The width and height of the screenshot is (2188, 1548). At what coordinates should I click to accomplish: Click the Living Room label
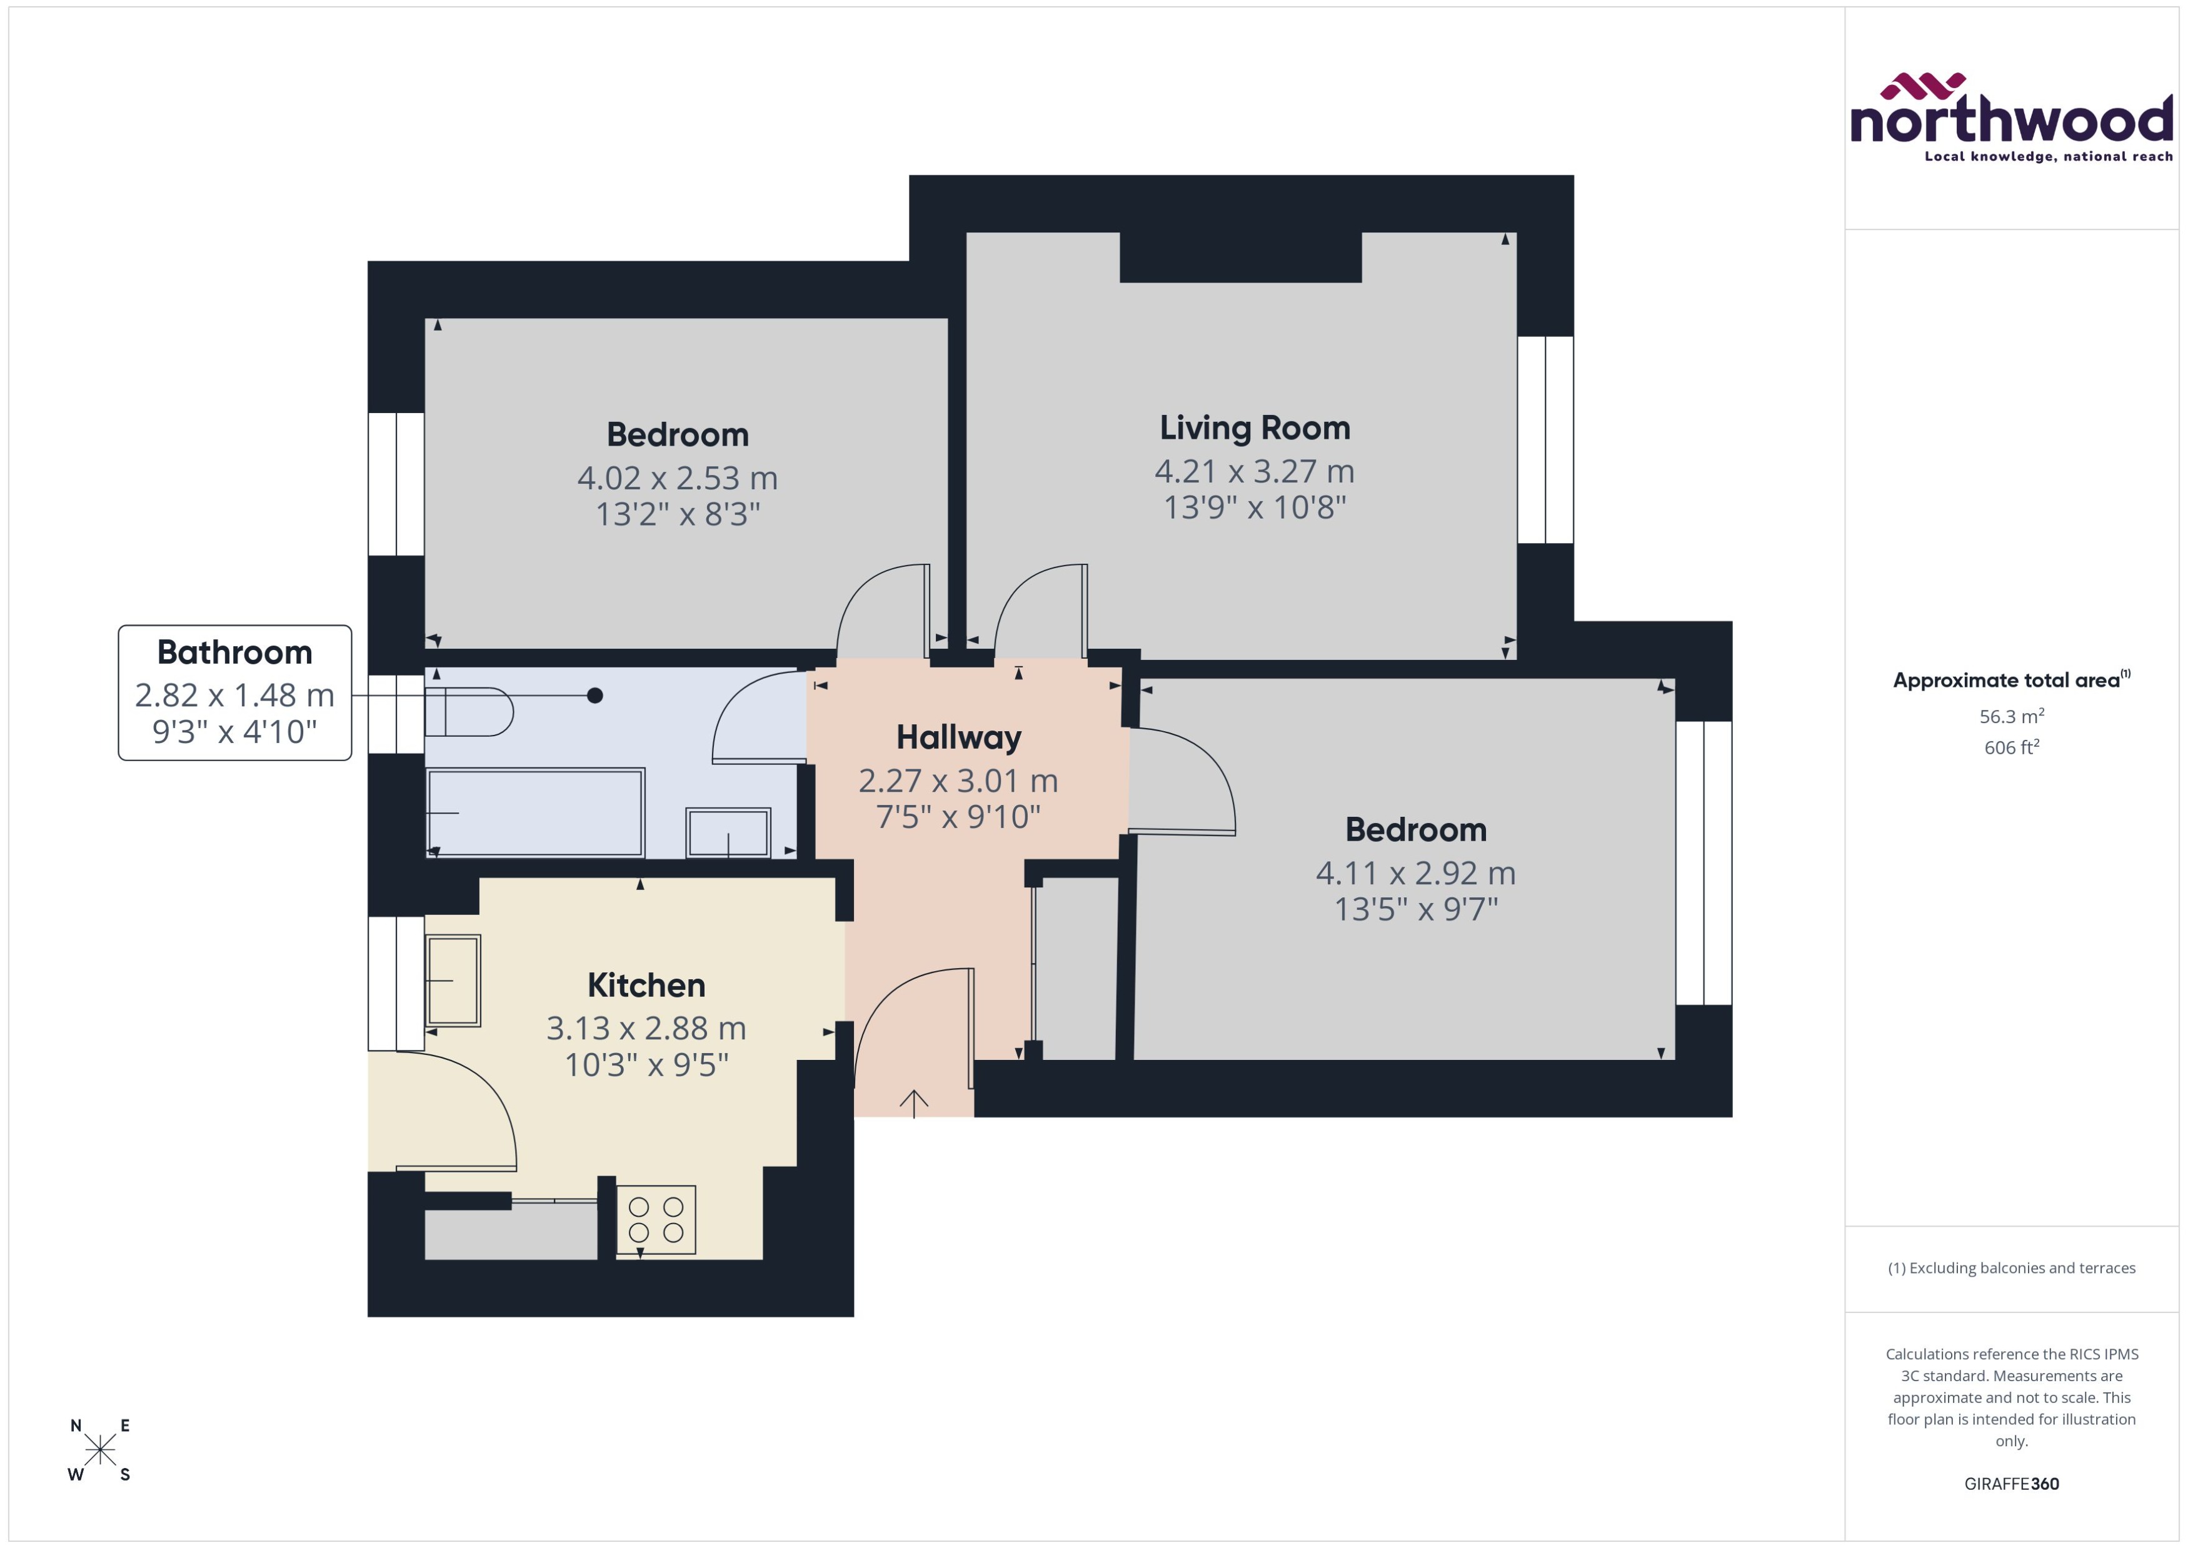tap(1255, 428)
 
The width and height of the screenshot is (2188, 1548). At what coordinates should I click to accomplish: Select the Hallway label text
tap(958, 737)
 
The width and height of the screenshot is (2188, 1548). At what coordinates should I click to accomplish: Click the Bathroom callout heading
tap(234, 652)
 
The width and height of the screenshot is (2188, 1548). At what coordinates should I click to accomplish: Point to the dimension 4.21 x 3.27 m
tap(1255, 471)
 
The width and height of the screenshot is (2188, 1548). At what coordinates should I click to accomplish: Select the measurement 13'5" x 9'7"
tap(1416, 909)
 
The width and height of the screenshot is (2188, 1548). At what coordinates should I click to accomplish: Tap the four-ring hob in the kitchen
tap(656, 1219)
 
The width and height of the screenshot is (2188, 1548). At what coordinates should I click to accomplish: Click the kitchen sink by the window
tap(453, 980)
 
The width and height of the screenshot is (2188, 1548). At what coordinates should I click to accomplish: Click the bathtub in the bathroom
tap(535, 813)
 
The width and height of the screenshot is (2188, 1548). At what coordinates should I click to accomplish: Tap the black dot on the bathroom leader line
tap(595, 696)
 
